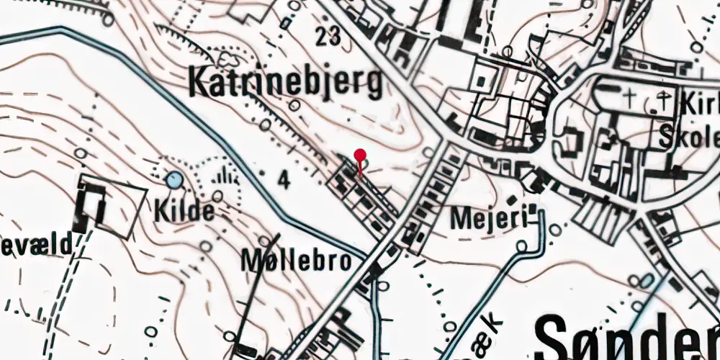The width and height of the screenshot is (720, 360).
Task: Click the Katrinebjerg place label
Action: point(285,83)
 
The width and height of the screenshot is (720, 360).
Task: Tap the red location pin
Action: point(360,155)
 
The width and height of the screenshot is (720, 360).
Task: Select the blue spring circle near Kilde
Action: point(174,180)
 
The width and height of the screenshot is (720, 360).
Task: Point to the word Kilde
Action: point(184,212)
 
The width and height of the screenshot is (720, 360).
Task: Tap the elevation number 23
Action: point(328,36)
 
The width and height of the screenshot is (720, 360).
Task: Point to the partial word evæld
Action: point(36,245)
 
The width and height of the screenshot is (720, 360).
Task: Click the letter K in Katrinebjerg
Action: point(199,83)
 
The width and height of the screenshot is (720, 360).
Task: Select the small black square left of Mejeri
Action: point(512,199)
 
